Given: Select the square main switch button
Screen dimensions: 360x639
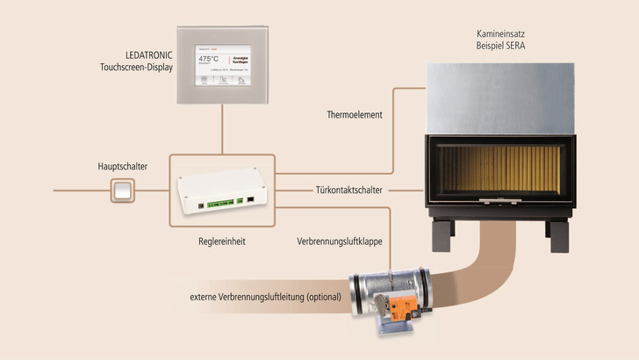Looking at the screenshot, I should click(x=122, y=189).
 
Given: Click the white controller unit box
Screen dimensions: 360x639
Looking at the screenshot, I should click(x=224, y=190).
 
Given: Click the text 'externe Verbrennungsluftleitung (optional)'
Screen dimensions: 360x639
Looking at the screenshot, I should click(x=264, y=296).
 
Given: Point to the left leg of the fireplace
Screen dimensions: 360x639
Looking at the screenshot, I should click(x=439, y=236).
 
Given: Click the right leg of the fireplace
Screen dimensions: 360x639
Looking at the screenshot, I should click(x=557, y=236).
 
